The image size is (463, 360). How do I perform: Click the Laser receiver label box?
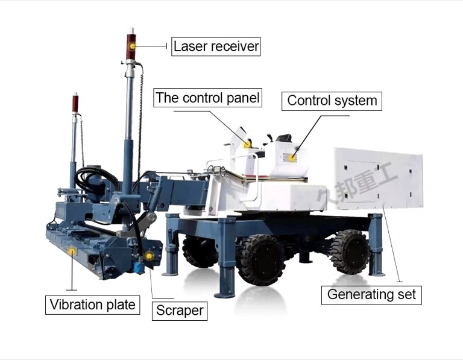(x=216, y=46)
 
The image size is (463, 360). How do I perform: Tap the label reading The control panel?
(x=208, y=98)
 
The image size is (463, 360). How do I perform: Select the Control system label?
(x=332, y=100)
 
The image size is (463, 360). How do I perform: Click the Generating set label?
(x=371, y=294)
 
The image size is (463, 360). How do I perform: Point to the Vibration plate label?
(x=92, y=305)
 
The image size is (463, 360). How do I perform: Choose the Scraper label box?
(x=180, y=311)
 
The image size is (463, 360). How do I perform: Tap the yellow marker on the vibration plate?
(x=72, y=251)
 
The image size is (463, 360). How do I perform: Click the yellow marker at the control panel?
(x=247, y=144)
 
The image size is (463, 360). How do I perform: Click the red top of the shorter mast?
(x=75, y=103)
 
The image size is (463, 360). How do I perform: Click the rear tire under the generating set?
(x=349, y=251)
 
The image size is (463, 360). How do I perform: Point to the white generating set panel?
(x=378, y=178)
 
